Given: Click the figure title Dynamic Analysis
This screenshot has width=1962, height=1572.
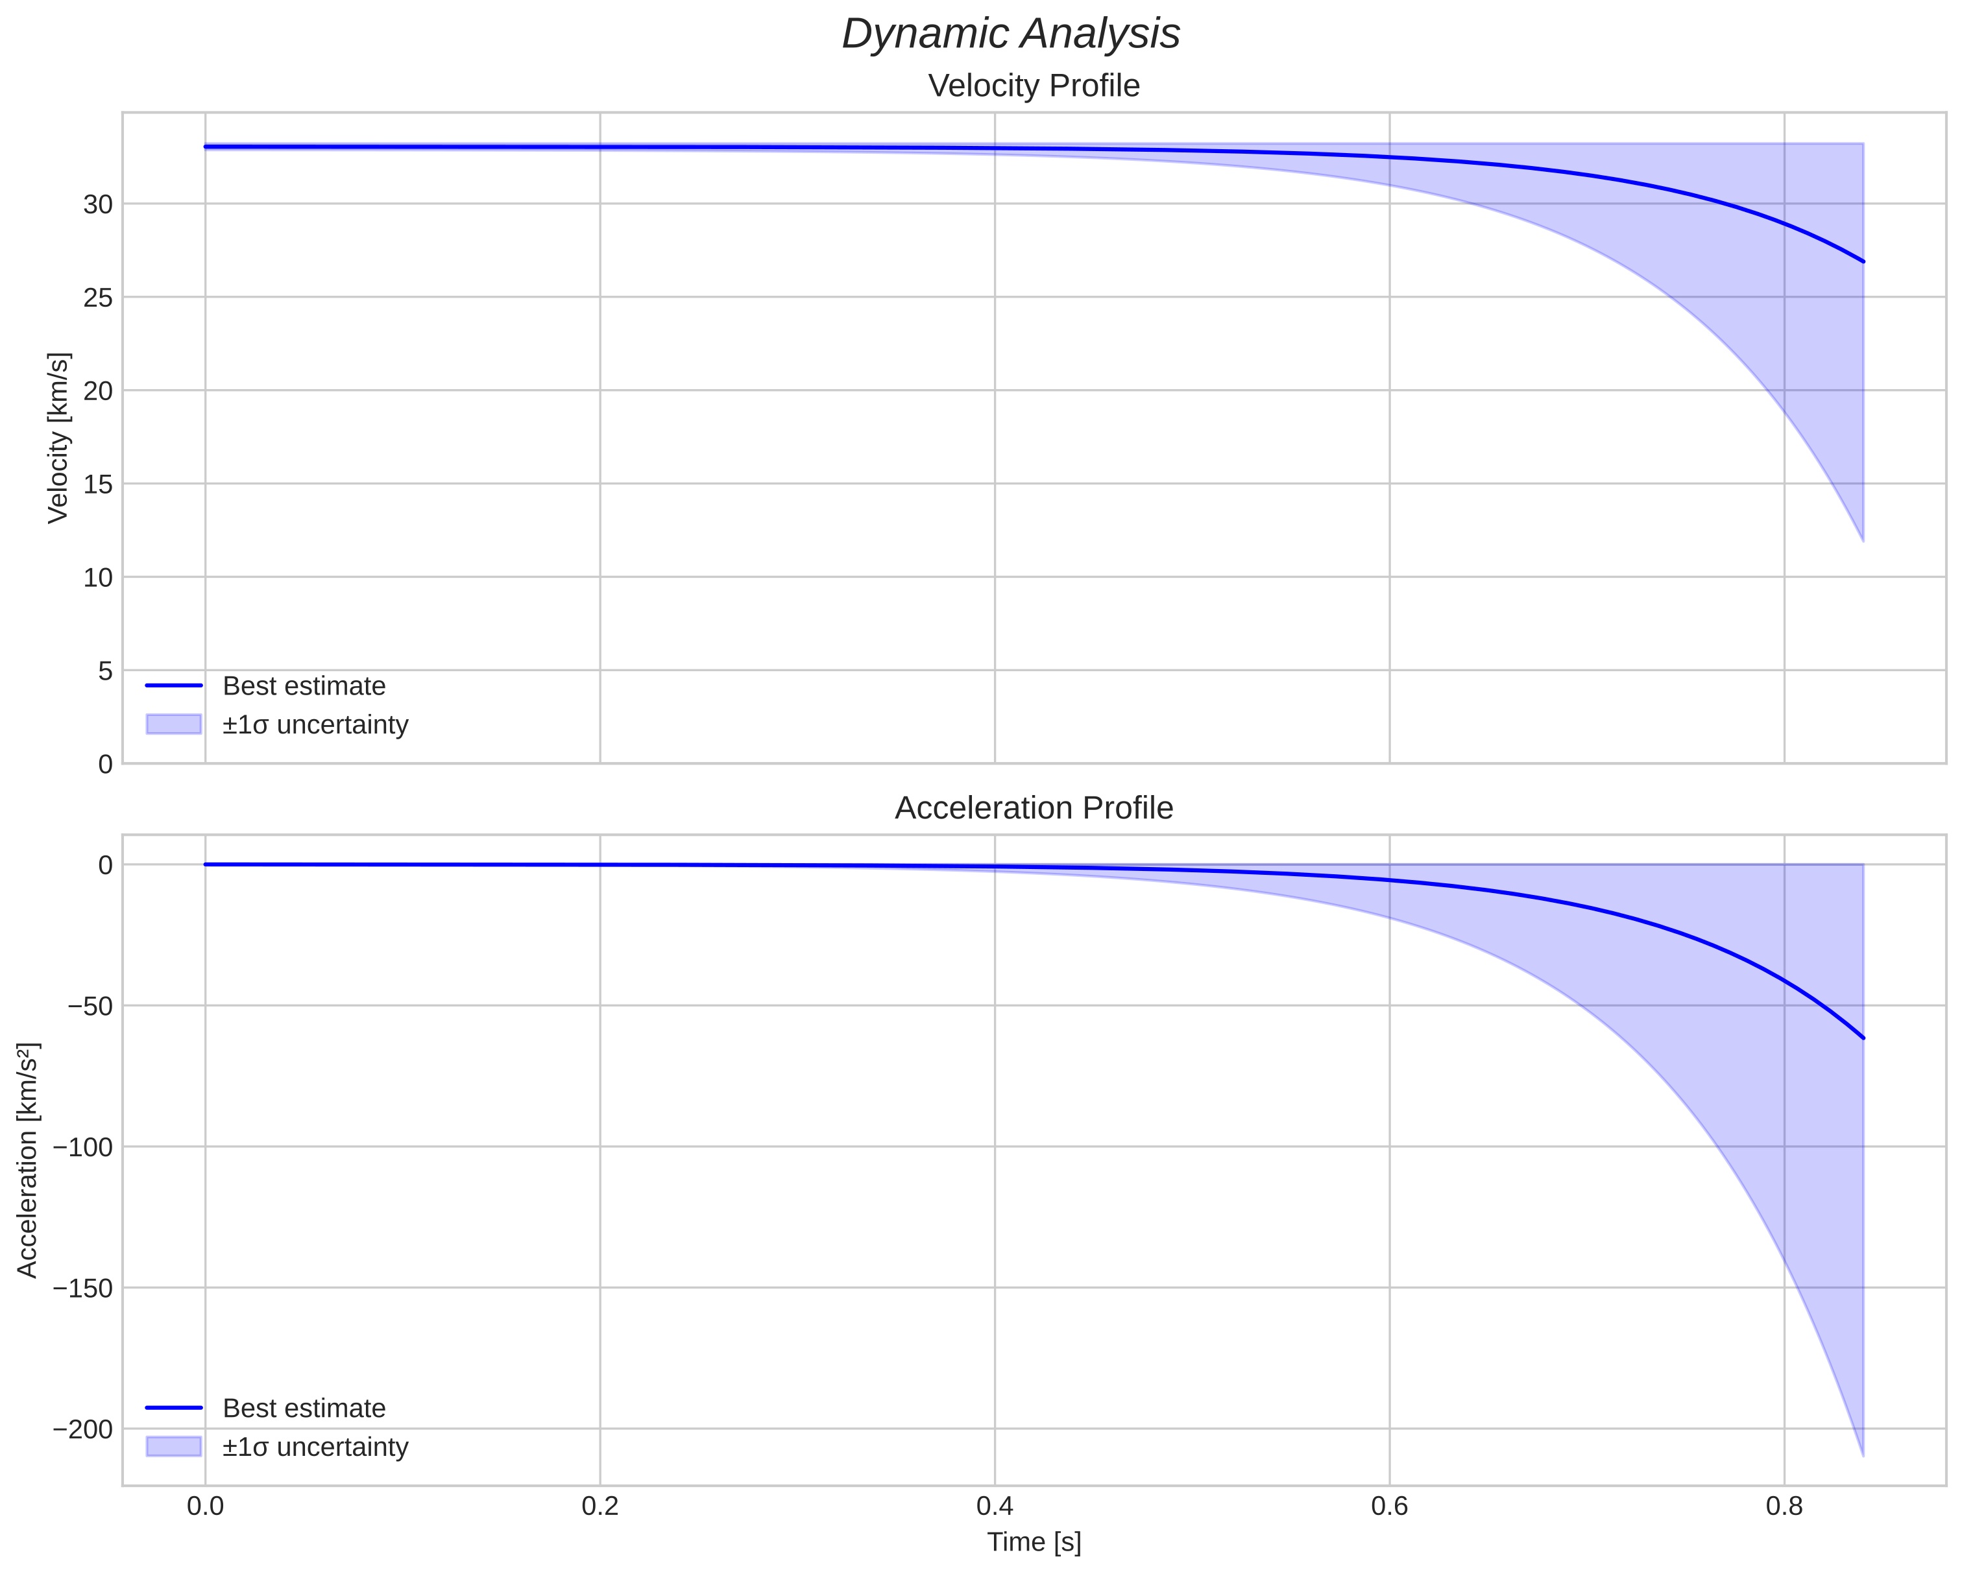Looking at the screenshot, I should tap(1010, 34).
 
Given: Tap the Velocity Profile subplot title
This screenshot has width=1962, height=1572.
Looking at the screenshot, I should tap(1034, 86).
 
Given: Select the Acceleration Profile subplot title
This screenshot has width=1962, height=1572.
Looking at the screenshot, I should tap(1034, 808).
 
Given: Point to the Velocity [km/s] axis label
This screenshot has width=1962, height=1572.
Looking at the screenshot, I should tap(58, 438).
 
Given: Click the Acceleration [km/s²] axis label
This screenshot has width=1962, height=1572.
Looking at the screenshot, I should tap(28, 1160).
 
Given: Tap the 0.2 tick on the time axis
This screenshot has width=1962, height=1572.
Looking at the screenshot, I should tap(599, 1506).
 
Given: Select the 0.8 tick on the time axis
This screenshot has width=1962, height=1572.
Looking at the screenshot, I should tap(1784, 1506).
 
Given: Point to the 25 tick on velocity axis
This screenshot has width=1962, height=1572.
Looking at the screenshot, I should tap(98, 298).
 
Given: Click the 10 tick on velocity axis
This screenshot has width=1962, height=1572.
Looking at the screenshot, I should tap(98, 578).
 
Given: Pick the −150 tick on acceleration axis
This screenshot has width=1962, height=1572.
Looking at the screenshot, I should tap(84, 1288).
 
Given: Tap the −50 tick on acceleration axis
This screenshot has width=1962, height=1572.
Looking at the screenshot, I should tap(91, 1006).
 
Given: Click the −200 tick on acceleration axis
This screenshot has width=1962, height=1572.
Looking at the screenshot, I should tap(84, 1429).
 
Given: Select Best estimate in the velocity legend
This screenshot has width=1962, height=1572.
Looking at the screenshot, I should tap(304, 686).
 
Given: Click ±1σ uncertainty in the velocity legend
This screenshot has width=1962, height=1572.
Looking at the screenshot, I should tap(315, 725).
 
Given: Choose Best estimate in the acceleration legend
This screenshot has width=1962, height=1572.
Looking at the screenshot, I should tap(304, 1409).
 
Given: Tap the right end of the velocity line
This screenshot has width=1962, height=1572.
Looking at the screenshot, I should tap(1863, 262).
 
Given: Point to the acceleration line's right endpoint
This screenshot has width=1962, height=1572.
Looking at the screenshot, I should tap(1863, 1038).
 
